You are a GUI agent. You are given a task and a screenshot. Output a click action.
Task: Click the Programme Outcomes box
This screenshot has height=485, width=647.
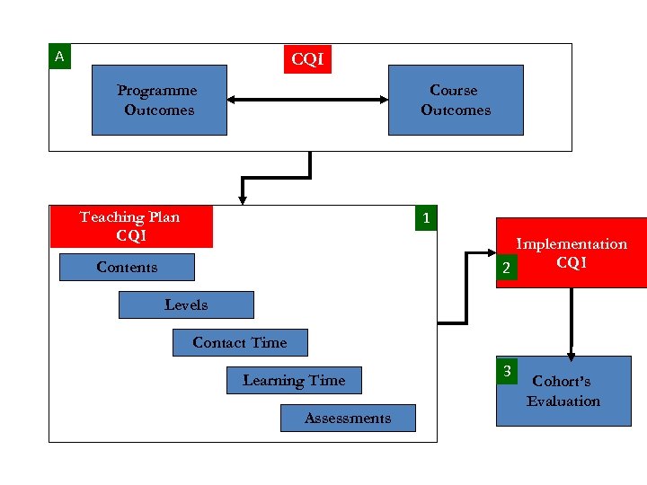(159, 100)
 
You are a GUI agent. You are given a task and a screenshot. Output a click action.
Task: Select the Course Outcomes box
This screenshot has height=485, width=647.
(456, 100)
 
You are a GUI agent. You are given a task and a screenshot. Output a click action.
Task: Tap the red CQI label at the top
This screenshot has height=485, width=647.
(307, 60)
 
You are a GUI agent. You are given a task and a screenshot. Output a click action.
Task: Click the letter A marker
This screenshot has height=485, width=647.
(60, 57)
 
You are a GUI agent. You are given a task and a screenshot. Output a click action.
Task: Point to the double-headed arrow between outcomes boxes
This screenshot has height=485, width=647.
(307, 100)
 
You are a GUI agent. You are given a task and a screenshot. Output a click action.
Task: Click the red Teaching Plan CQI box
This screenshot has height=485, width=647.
(131, 226)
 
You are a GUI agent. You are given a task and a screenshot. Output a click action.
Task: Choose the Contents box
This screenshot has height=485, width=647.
(127, 268)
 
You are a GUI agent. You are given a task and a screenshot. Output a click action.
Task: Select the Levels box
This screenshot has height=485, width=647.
(186, 305)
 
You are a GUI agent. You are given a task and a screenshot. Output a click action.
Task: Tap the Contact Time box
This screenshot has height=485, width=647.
(240, 343)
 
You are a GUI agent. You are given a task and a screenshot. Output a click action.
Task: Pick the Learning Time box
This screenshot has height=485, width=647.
(294, 381)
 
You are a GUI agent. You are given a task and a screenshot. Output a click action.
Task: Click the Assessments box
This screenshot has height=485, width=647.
(348, 419)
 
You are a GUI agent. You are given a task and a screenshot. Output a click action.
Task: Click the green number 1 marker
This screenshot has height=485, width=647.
(426, 218)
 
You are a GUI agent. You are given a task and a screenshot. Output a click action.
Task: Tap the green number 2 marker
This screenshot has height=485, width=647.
(508, 269)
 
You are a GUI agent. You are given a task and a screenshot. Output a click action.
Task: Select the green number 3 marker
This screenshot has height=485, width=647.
(508, 370)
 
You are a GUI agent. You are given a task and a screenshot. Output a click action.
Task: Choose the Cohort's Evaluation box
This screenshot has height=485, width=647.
(563, 391)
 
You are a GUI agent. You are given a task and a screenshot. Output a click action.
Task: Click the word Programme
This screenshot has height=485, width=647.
(157, 91)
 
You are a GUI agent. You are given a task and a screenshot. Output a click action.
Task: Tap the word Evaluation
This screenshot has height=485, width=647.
(563, 401)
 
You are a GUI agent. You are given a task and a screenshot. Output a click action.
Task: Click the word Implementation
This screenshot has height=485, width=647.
(572, 244)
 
